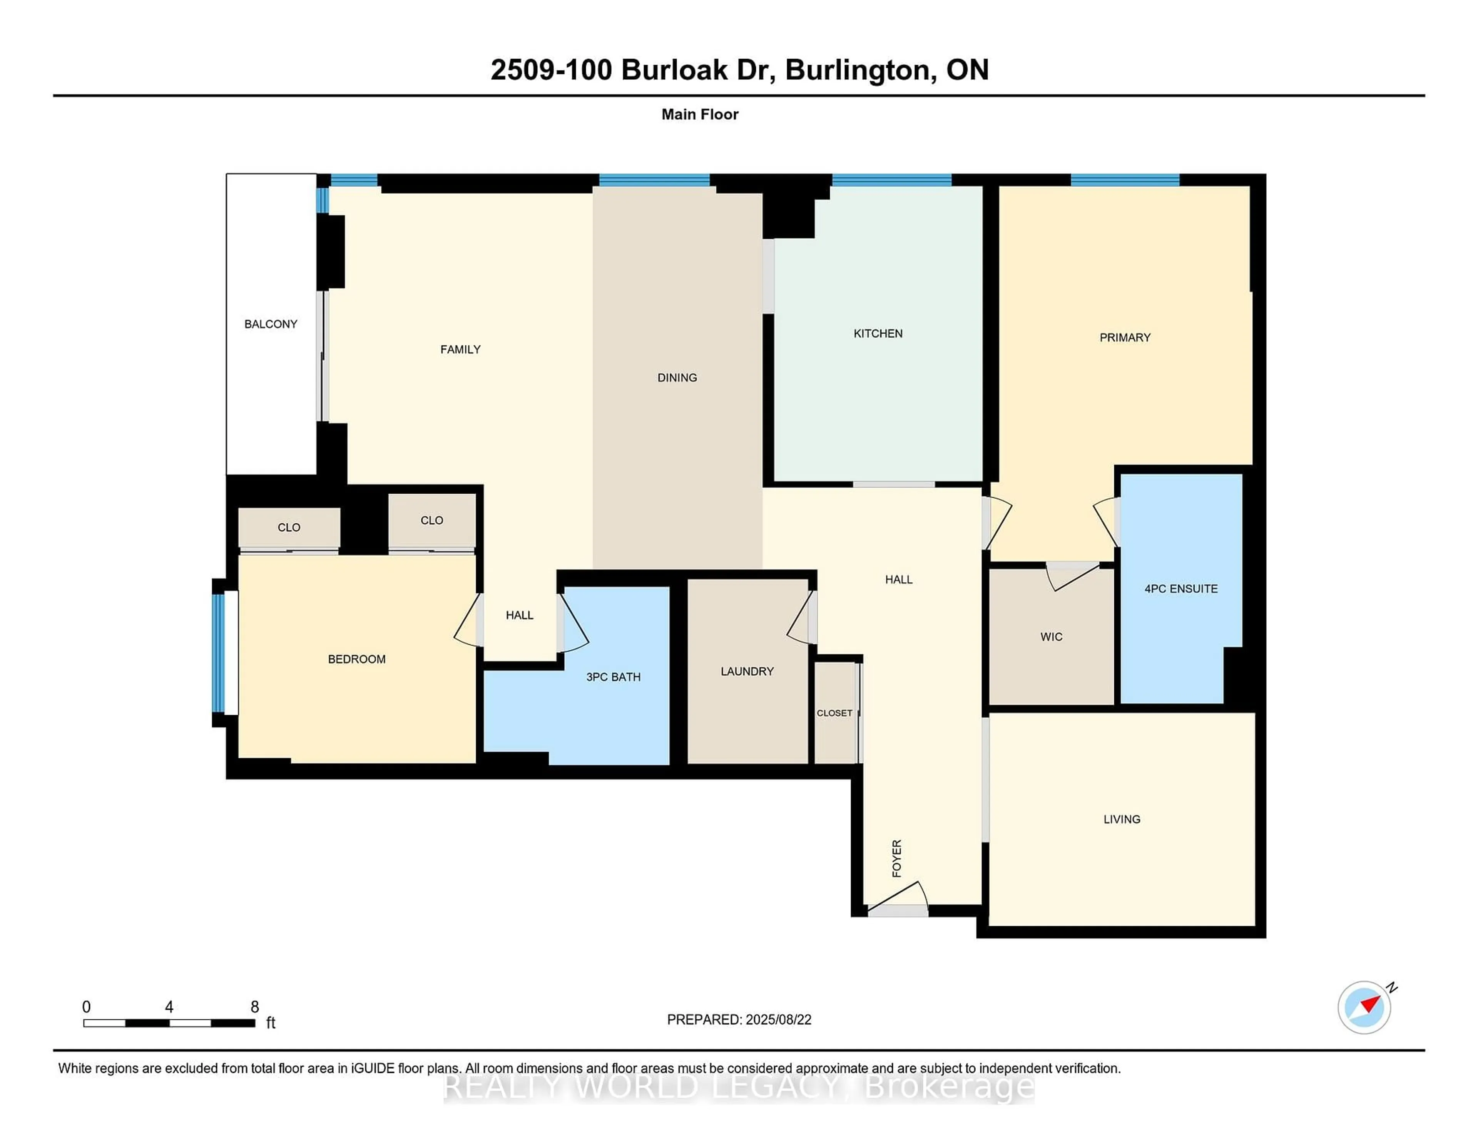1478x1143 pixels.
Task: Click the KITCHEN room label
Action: pyautogui.click(x=878, y=333)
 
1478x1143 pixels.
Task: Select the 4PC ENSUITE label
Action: pyautogui.click(x=1181, y=588)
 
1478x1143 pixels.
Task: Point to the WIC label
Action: pyautogui.click(x=1051, y=637)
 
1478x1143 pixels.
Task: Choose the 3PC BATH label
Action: pyautogui.click(x=613, y=677)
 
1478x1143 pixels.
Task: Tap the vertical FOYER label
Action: pyautogui.click(x=897, y=859)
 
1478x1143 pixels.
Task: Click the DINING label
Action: pyautogui.click(x=677, y=377)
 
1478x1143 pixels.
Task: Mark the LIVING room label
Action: pyautogui.click(x=1121, y=819)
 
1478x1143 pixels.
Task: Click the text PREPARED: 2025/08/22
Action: pyautogui.click(x=739, y=1019)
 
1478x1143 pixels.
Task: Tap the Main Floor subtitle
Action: pyautogui.click(x=700, y=114)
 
